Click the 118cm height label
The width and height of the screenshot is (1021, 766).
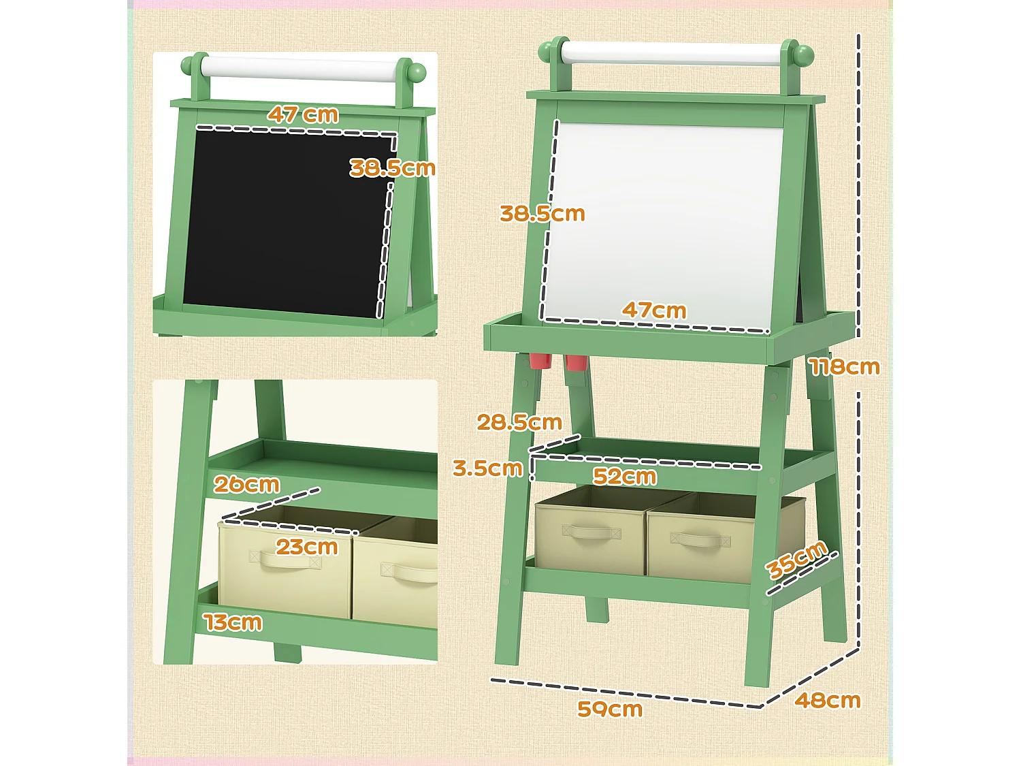(x=845, y=367)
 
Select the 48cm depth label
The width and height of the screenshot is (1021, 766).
(x=828, y=700)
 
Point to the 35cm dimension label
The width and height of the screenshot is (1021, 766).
(x=796, y=560)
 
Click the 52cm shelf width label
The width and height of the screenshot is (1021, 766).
(x=624, y=476)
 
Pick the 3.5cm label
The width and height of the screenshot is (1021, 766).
(x=488, y=468)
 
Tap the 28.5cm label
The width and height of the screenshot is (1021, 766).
(x=519, y=422)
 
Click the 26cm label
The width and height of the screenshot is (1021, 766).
(x=246, y=484)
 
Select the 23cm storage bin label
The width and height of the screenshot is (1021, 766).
(x=306, y=547)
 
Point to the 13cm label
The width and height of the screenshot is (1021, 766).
(x=233, y=622)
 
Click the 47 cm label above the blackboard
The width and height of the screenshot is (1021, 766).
(x=302, y=114)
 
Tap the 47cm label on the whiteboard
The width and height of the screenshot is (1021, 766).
(x=654, y=310)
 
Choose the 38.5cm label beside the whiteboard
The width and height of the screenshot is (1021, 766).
(x=542, y=214)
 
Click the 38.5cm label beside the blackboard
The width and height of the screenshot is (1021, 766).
(x=392, y=168)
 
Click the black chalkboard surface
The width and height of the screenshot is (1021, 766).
(x=285, y=223)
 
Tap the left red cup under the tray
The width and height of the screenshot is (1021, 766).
(x=540, y=361)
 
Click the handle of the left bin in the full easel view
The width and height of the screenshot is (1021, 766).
(x=591, y=532)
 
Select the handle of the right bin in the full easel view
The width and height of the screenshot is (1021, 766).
(x=700, y=540)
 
